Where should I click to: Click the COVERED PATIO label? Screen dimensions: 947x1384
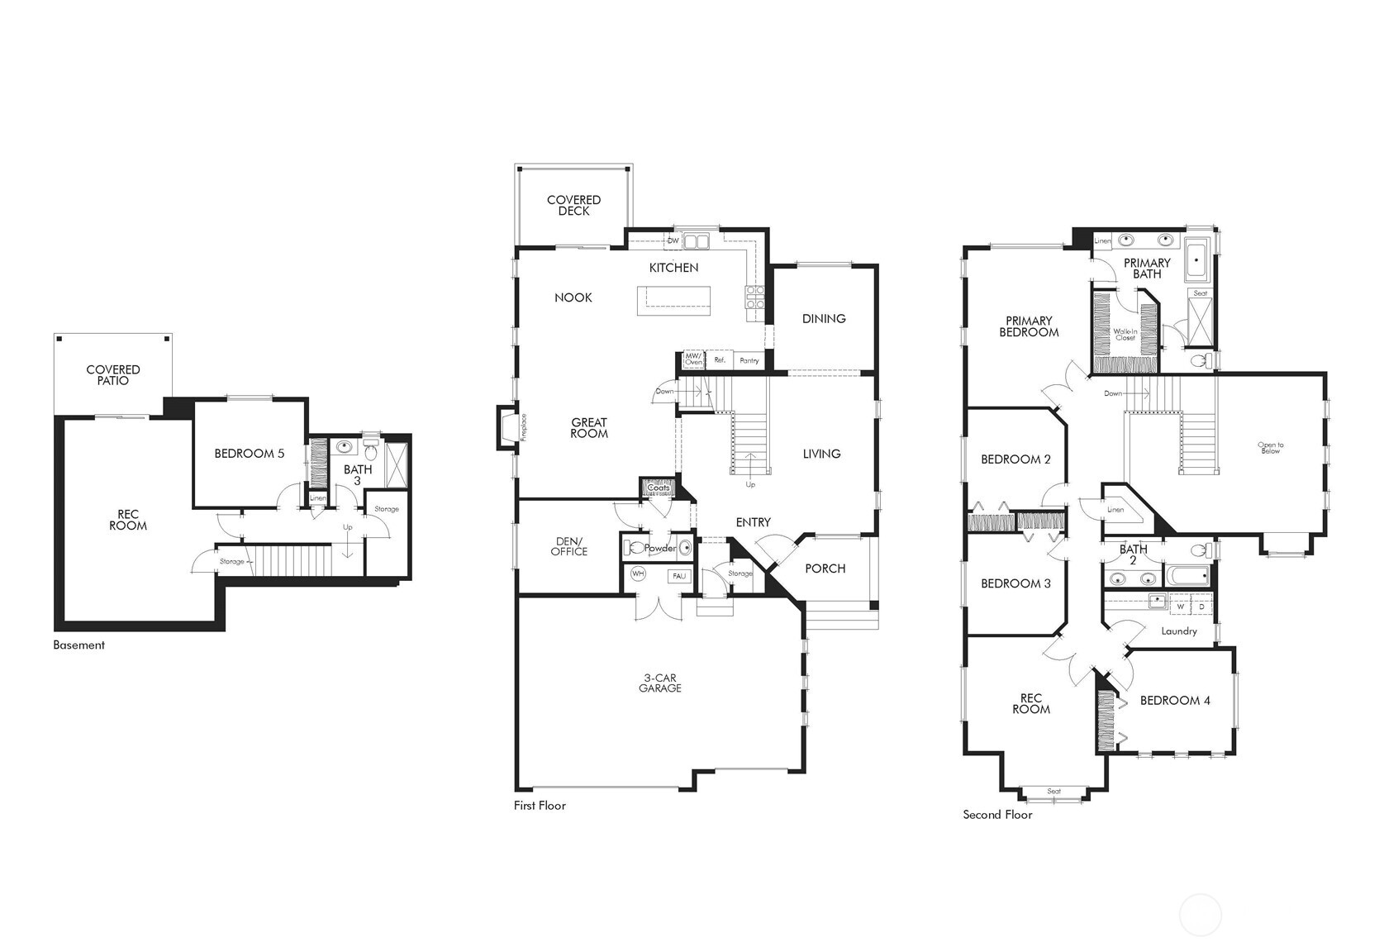pyautogui.click(x=113, y=375)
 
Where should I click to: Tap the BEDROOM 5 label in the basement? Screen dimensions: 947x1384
pyautogui.click(x=250, y=454)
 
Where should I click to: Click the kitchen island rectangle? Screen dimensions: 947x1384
pyautogui.click(x=673, y=300)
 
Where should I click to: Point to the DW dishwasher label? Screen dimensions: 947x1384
pyautogui.click(x=673, y=241)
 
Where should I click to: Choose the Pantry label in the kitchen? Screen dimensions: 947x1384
pyautogui.click(x=749, y=360)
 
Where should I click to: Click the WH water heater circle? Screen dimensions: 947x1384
pyautogui.click(x=638, y=573)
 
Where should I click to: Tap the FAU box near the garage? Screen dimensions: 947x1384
pyautogui.click(x=679, y=576)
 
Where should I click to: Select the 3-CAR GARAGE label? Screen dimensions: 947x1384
pyautogui.click(x=660, y=683)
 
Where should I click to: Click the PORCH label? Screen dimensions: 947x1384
pyautogui.click(x=825, y=569)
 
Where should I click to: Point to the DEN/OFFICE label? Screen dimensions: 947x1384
pyautogui.click(x=569, y=546)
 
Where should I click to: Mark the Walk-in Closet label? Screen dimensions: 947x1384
pyautogui.click(x=1125, y=335)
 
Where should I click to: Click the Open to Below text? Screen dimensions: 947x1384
pyautogui.click(x=1271, y=448)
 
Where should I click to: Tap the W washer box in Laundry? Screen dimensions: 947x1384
pyautogui.click(x=1181, y=607)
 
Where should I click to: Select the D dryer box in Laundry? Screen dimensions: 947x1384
pyautogui.click(x=1201, y=607)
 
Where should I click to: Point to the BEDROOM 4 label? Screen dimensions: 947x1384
pyautogui.click(x=1175, y=701)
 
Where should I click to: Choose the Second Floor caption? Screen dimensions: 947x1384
pyautogui.click(x=997, y=815)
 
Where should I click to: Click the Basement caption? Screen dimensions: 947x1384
pyautogui.click(x=79, y=645)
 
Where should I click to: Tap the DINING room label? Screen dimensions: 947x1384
pyautogui.click(x=824, y=319)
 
